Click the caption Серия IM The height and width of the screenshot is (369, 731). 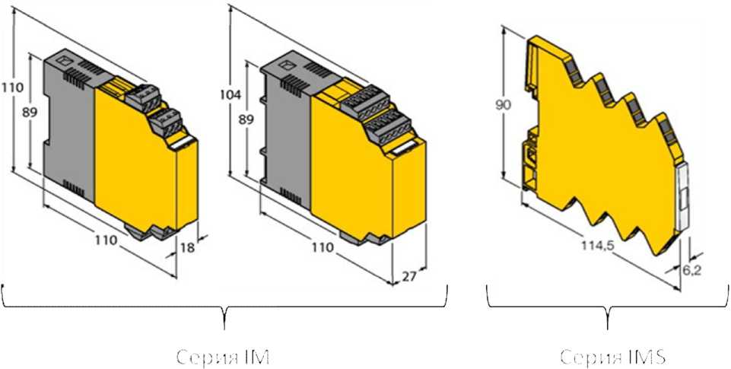coord(224,355)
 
